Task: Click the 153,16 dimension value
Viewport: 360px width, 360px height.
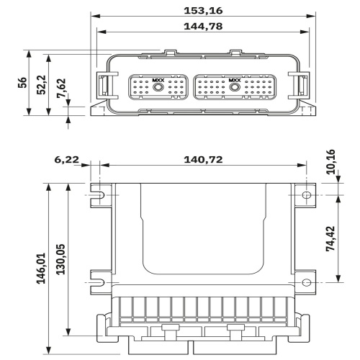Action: coord(203,11)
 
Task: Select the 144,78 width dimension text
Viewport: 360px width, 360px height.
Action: coord(203,26)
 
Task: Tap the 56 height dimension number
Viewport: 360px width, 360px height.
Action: coord(22,83)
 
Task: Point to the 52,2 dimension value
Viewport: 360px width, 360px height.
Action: coord(42,85)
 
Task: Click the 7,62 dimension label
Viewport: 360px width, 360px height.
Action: coord(61,88)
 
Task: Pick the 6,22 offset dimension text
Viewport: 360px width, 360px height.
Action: coord(66,160)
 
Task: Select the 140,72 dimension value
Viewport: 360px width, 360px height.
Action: coord(203,160)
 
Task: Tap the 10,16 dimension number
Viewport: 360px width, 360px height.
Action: coord(330,161)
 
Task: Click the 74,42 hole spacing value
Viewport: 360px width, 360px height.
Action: coord(330,238)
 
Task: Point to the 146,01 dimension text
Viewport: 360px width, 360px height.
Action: coord(41,268)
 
